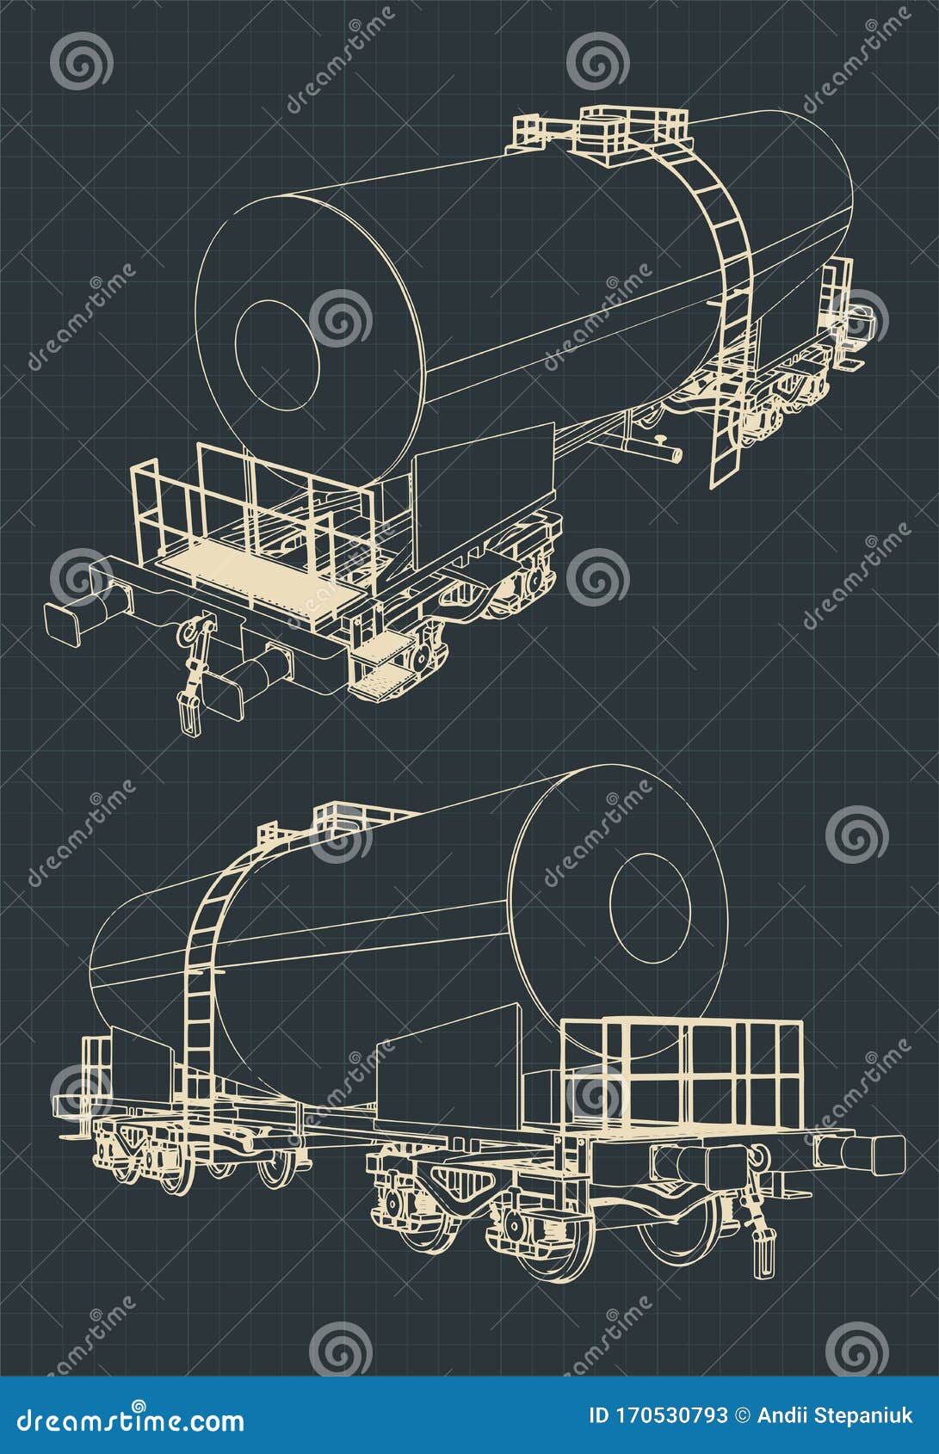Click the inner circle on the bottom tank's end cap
click(x=650, y=909)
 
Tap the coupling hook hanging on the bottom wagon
click(x=761, y=1239)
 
